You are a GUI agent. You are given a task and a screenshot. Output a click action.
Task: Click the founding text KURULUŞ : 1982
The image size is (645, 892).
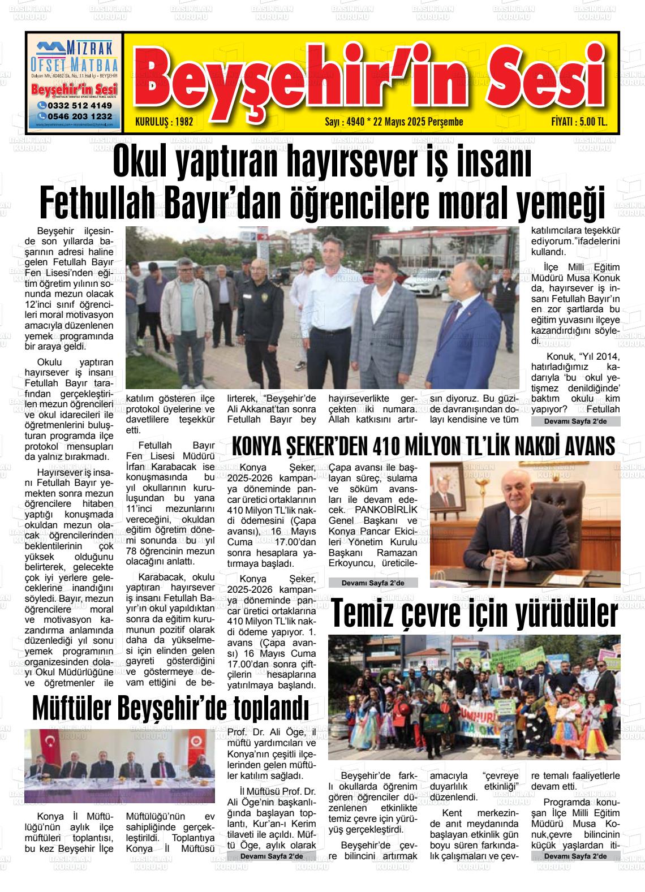(165, 122)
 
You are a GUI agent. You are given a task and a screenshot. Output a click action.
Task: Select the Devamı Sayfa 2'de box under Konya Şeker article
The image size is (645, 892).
(372, 583)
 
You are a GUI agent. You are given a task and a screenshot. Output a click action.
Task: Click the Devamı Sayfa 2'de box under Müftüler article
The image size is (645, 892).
(270, 856)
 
